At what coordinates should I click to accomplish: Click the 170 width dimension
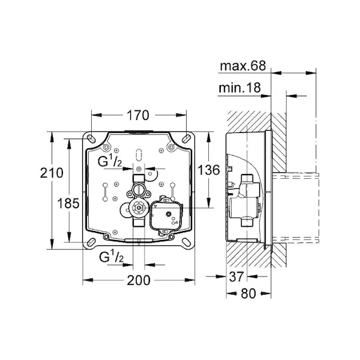coord(138,115)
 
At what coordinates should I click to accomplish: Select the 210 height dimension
coord(52,173)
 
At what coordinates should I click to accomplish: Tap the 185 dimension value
coord(68,203)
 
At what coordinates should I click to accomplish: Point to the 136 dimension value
coord(209,170)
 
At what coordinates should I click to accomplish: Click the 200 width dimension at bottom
coord(139,280)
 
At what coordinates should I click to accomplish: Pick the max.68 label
coord(242,65)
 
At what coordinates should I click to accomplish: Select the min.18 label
coord(239,88)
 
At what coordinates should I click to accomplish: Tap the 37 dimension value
coord(236,277)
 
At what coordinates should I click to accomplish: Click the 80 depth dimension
coord(248,293)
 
